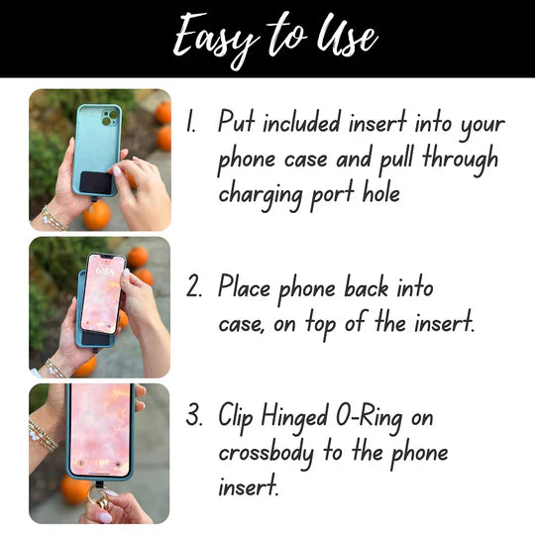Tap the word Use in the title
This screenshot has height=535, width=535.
click(x=348, y=38)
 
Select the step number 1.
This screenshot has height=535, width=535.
click(x=192, y=123)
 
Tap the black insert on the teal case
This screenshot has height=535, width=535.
click(x=96, y=182)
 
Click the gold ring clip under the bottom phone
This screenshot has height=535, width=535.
click(x=97, y=493)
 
